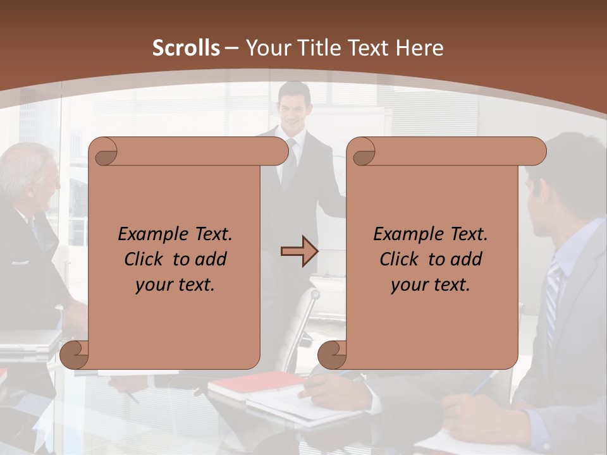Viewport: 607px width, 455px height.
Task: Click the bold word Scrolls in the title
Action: (186, 48)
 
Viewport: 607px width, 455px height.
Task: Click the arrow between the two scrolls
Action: (299, 252)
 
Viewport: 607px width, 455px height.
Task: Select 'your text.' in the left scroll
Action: (175, 285)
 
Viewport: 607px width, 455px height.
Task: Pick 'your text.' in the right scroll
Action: (431, 285)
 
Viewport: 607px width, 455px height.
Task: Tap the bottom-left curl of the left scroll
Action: (75, 355)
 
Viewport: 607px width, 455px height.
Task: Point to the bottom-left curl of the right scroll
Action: (333, 355)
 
